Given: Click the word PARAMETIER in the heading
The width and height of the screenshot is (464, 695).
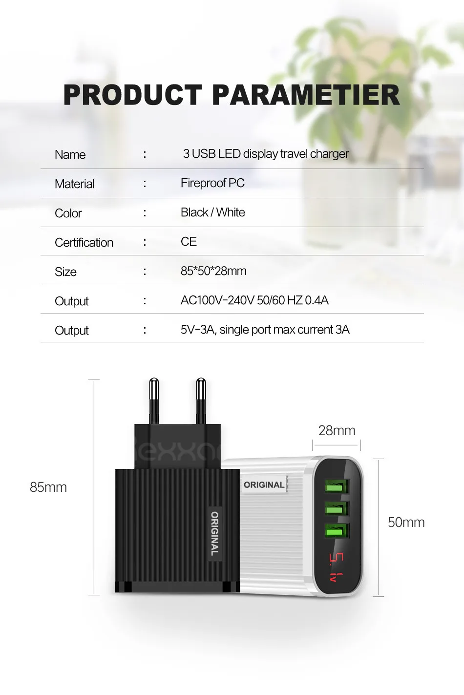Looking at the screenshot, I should (306, 95).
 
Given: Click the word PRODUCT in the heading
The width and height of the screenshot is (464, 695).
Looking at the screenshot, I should (132, 95).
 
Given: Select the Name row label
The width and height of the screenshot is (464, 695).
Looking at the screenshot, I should (70, 155).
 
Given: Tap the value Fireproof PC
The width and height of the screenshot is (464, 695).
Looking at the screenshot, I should (212, 183).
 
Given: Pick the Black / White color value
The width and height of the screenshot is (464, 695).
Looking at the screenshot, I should (212, 212).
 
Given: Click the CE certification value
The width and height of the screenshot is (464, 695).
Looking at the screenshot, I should (189, 242).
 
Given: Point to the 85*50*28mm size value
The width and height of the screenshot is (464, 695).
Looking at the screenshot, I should (213, 271).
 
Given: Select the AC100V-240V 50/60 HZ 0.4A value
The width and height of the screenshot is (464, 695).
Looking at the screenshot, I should (254, 300).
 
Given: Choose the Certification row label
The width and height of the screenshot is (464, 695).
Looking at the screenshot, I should (84, 243).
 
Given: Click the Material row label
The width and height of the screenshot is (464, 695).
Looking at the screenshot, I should (75, 184).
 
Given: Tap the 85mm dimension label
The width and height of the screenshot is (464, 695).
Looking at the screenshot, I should (48, 487).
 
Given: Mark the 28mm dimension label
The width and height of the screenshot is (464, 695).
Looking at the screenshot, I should (337, 431).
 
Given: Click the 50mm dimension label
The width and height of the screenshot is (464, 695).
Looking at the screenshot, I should (406, 523).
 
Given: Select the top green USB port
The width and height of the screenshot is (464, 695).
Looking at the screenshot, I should (336, 486).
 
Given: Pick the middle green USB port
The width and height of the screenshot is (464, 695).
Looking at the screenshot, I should (336, 509).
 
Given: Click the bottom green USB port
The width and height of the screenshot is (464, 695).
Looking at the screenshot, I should (336, 531).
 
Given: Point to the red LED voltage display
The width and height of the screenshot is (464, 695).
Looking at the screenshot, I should (336, 567).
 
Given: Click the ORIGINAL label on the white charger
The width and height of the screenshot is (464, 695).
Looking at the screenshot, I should (264, 485).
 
